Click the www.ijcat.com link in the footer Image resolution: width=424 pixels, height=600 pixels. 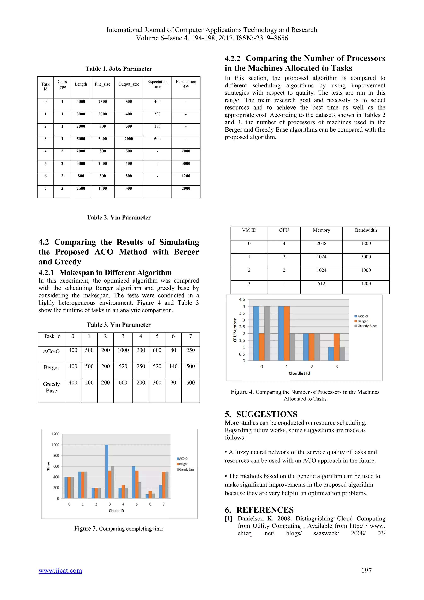[60, 570]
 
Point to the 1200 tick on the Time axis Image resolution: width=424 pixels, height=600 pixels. [55, 434]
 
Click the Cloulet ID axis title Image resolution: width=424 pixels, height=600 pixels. [116, 511]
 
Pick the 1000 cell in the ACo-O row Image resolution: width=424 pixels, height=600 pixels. [123, 350]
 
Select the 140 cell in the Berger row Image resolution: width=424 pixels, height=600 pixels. [173, 366]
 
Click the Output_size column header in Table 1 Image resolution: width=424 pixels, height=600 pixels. [129, 84]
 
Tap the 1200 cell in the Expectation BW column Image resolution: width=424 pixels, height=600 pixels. [186, 176]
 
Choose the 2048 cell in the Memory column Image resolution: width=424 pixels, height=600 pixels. [321, 244]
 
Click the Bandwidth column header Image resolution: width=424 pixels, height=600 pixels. [366, 230]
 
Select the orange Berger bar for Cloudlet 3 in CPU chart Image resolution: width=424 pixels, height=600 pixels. [337, 347]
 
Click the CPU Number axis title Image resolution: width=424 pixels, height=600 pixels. [235, 330]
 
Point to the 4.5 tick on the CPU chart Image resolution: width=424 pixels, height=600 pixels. [242, 299]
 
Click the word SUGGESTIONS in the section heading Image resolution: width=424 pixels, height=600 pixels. [267, 414]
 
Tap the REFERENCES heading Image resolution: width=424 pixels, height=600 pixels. [265, 510]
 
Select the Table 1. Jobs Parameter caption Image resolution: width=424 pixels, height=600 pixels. [119, 69]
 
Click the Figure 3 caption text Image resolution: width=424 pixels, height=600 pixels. [119, 529]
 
